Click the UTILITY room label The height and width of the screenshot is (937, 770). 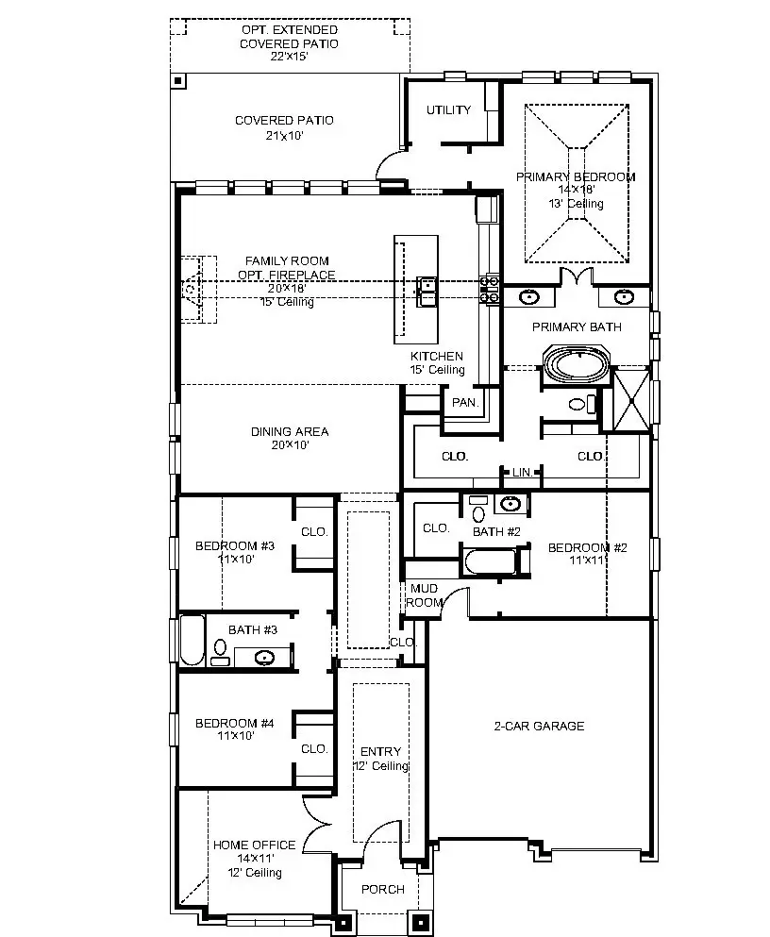pyautogui.click(x=448, y=110)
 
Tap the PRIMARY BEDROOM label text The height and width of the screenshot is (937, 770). pyautogui.click(x=575, y=176)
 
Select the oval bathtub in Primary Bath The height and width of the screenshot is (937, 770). pyautogui.click(x=576, y=365)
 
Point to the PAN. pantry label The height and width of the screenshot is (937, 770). pyautogui.click(x=465, y=403)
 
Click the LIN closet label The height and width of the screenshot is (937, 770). pyautogui.click(x=522, y=472)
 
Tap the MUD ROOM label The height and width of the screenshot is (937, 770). pyautogui.click(x=424, y=595)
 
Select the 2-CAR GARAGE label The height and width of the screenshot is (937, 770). pyautogui.click(x=539, y=726)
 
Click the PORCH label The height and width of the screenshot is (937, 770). pyautogui.click(x=383, y=889)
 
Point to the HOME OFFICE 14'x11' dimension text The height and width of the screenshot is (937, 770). pyautogui.click(x=254, y=859)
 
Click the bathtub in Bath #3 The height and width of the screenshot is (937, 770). pyautogui.click(x=192, y=642)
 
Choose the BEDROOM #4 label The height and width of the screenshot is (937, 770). pyautogui.click(x=234, y=724)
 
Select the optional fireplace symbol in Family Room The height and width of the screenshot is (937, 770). pyautogui.click(x=192, y=289)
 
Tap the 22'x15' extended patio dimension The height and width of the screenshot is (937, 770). pyautogui.click(x=288, y=57)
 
